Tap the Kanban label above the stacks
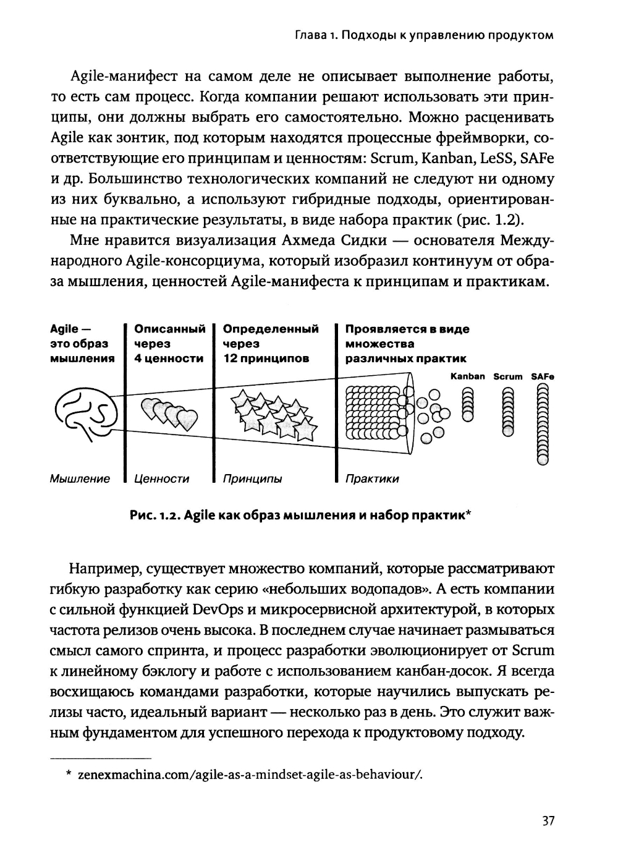pos(467,376)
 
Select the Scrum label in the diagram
pos(507,376)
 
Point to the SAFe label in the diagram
pos(543,376)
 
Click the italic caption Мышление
pos(80,478)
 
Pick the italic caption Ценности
pos(161,478)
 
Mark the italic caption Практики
pos(372,478)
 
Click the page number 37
pos(548,821)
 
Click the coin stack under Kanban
pos(467,404)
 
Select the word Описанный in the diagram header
pos(169,329)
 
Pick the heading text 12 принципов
pos(266,359)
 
